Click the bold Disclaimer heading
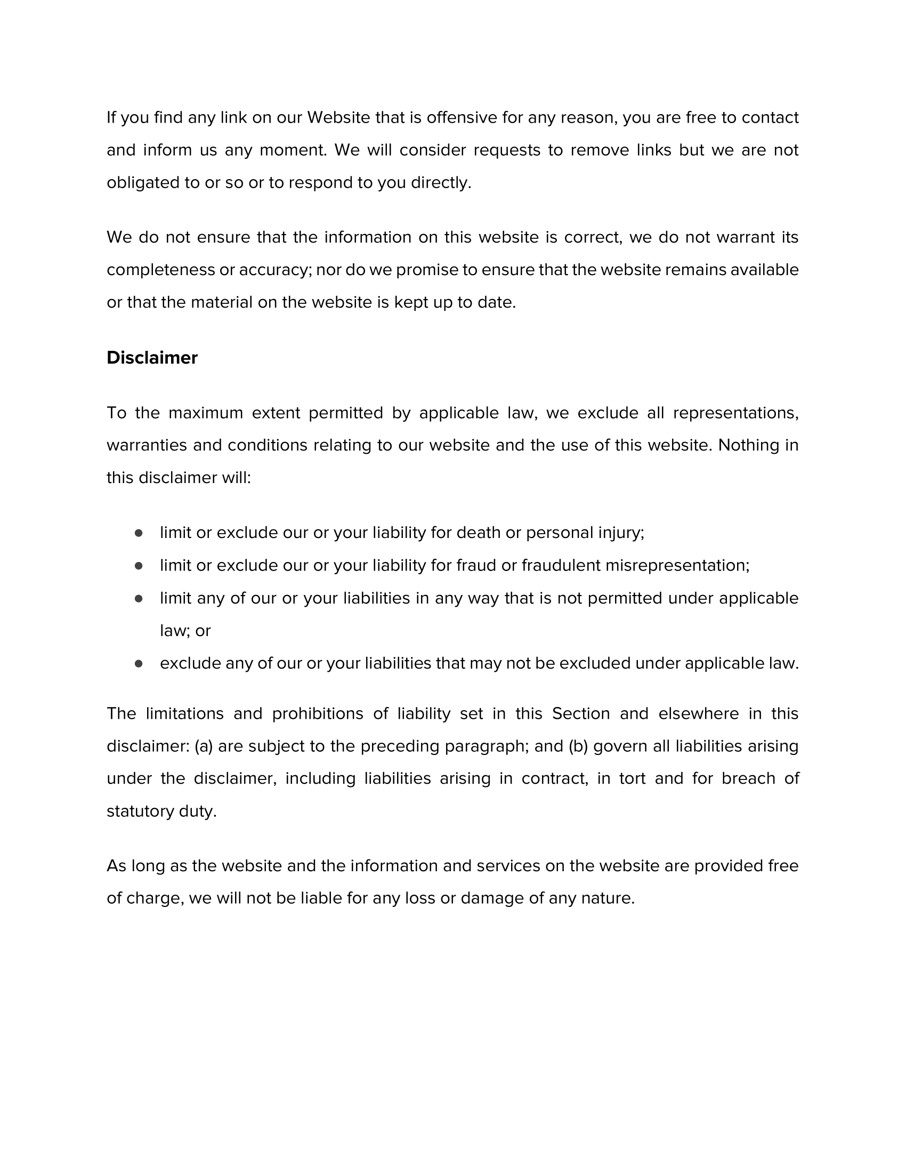[x=152, y=358]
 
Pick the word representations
[x=735, y=413]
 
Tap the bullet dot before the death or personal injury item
[x=139, y=533]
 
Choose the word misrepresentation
[x=676, y=566]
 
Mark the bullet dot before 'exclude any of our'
[x=139, y=664]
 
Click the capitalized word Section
[x=581, y=714]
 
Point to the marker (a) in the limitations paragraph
[x=204, y=746]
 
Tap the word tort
[x=632, y=779]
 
